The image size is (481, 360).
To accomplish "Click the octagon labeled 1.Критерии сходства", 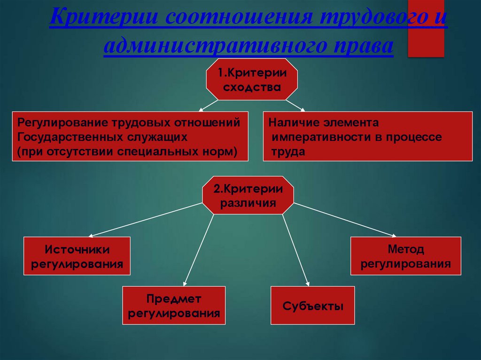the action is tap(252, 79).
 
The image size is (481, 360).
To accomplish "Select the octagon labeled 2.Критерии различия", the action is tap(248, 195).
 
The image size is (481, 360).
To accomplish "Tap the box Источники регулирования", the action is tap(77, 256).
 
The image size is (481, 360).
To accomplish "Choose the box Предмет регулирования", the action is tap(174, 305).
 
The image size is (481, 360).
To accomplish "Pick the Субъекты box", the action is tap(313, 306).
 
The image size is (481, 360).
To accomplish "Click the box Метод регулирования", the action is tap(406, 256).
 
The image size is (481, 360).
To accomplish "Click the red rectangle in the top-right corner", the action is tap(426, 28).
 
